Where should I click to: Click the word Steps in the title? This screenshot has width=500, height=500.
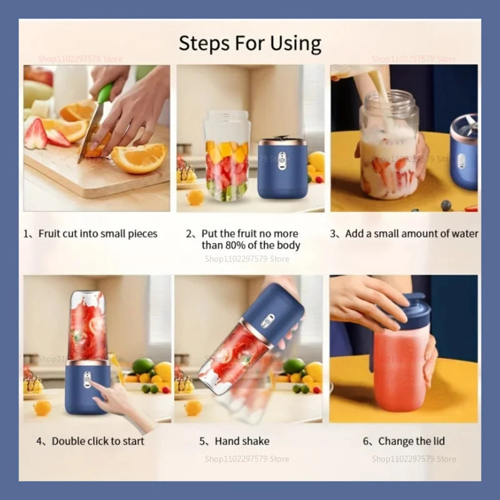click(x=204, y=43)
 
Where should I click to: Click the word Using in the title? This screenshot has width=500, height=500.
click(x=296, y=44)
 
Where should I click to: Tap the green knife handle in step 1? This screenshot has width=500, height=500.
click(x=106, y=93)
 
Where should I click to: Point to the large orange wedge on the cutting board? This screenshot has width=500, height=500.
click(x=139, y=158)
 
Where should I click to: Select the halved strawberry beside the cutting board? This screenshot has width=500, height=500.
click(x=36, y=134)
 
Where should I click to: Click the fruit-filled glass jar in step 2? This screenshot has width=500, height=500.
click(x=227, y=156)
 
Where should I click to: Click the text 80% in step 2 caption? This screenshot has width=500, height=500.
click(x=236, y=245)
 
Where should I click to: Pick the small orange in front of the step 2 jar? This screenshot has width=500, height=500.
click(x=195, y=197)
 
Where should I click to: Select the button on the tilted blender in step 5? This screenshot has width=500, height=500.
click(x=267, y=321)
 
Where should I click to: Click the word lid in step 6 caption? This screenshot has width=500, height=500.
click(x=438, y=441)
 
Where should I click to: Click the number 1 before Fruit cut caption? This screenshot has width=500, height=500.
click(x=26, y=234)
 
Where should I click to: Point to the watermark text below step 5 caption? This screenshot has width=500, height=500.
click(x=247, y=459)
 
